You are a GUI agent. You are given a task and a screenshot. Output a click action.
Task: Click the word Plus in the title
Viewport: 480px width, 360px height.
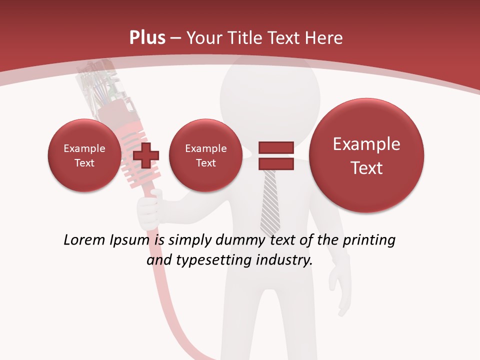pos(147,38)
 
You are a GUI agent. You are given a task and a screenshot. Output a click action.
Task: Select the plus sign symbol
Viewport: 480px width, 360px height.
pos(146,155)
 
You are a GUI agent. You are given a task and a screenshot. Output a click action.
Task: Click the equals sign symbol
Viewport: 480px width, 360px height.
pos(275,155)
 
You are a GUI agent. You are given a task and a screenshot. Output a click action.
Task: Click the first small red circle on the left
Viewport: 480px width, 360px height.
pos(84,155)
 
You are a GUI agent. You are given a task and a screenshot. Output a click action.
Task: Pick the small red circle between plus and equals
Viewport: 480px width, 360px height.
pos(205,155)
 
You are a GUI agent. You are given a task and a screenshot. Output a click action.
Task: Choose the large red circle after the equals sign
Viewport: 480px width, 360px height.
pos(366,155)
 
